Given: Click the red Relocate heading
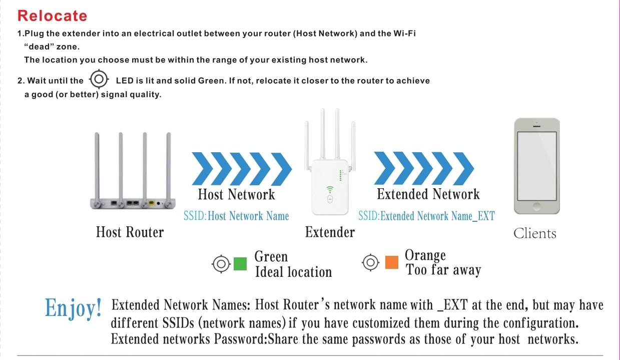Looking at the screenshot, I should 52,16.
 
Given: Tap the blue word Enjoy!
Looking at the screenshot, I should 73,307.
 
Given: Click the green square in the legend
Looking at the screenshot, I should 240,264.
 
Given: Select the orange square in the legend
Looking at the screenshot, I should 392,262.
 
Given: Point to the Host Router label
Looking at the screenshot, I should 130,232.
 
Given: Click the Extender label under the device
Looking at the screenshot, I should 330,232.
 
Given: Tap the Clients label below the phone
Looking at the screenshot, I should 534,233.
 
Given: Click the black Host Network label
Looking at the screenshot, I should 236,194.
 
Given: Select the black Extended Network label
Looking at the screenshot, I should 428,194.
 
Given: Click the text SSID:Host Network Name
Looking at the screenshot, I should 236,216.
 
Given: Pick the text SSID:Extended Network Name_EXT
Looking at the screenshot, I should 426,216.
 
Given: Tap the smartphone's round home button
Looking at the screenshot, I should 536,206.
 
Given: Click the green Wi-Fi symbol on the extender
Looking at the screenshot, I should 330,189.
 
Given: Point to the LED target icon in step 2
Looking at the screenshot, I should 99,79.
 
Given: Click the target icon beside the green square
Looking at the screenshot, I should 221,264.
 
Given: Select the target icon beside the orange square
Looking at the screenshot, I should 370,262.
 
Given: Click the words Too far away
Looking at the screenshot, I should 443,271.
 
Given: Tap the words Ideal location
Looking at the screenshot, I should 293,272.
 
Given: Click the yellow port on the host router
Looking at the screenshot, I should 151,203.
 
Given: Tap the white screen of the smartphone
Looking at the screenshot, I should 536,165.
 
